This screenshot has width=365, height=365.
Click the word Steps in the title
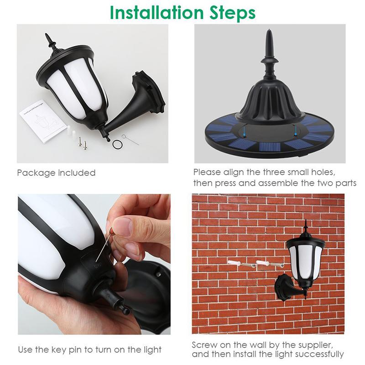(230, 13)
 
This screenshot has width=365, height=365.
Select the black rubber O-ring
(117, 145)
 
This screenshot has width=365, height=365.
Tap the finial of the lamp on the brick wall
(306, 224)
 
